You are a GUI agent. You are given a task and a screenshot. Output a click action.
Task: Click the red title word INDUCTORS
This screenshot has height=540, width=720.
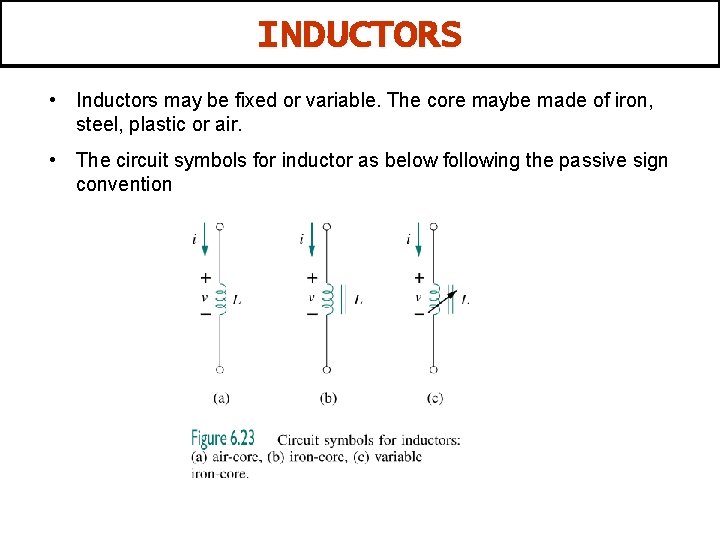point(359,35)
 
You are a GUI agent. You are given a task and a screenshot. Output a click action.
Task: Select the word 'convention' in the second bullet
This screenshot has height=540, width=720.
point(124,185)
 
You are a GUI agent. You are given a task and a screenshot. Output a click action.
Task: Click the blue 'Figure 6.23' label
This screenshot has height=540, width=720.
point(223,438)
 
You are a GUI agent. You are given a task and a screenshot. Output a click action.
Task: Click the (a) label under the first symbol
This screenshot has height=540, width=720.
point(221,397)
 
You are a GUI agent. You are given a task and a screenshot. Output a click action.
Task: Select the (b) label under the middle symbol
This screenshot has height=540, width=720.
point(328,397)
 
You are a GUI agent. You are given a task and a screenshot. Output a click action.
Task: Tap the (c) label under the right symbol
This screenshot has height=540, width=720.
point(435,397)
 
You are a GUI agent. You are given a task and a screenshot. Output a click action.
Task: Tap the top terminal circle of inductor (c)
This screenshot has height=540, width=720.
point(433,227)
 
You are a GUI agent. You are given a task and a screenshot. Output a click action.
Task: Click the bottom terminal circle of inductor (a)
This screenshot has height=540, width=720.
point(220,369)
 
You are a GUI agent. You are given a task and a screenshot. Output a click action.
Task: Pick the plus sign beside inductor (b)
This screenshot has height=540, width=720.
point(312,279)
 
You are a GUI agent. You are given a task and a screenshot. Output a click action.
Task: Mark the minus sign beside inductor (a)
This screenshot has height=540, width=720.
point(205,314)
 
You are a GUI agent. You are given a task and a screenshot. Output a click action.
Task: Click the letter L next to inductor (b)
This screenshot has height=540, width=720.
point(358,299)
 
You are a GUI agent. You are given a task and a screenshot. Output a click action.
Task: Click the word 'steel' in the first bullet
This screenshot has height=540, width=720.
point(97,125)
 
